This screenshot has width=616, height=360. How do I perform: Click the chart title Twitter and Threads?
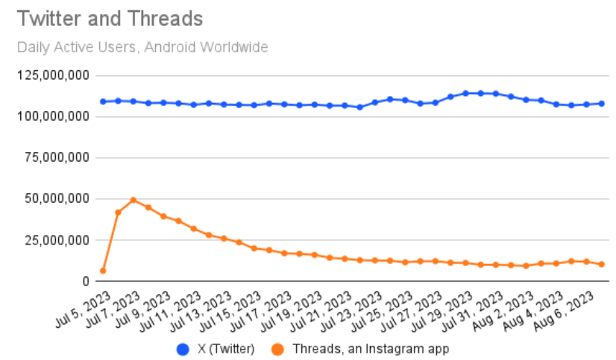pos(110,19)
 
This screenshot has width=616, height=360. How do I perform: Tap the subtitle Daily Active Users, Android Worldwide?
pos(142,47)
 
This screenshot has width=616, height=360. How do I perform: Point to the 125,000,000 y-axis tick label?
pos(53,75)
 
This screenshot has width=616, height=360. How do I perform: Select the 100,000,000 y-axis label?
pos(53,116)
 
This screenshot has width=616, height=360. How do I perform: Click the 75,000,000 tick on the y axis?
pos(57,157)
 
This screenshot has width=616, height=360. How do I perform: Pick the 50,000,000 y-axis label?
pos(57,199)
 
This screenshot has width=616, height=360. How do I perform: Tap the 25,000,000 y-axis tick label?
pos(57,240)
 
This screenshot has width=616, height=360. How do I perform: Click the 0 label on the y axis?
pos(86,281)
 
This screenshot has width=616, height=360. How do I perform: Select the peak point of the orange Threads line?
pos(133,200)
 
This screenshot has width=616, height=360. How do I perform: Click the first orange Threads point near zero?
pos(103,271)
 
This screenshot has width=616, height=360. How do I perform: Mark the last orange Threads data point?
pos(602,265)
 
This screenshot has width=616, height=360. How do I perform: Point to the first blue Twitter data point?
pos(103,101)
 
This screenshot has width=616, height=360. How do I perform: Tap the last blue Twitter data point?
pos(602,104)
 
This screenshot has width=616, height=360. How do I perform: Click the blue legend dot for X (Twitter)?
pos(183,349)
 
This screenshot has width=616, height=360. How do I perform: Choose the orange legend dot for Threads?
pos(277,349)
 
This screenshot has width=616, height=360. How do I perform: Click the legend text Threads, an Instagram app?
pos(371,349)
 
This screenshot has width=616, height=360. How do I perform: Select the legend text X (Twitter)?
pos(226,349)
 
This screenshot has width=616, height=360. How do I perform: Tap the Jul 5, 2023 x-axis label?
pos(84,309)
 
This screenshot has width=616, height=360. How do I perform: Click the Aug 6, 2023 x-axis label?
pos(564,309)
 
